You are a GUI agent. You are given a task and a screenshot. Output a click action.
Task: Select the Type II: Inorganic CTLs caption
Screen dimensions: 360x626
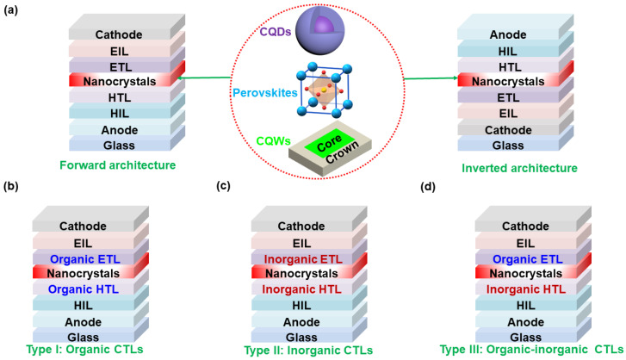coord(297,351)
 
